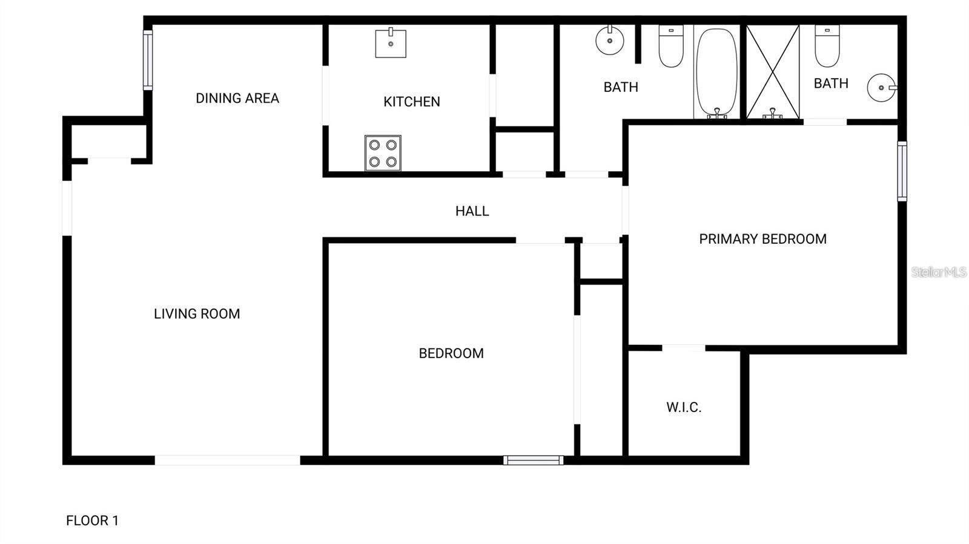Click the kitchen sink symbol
391,42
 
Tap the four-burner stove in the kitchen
383,153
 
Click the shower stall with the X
773,71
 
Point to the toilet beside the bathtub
671,46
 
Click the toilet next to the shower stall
827,46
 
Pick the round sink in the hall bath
610,41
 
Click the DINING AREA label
237,98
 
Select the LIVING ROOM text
197,313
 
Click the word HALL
472,211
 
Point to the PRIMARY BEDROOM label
762,239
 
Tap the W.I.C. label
684,407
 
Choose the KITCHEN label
412,102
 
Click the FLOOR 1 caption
92,520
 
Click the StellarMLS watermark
939,272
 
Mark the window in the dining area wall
148,61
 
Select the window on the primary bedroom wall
902,171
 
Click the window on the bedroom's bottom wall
533,460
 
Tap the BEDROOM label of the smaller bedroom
451,353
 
